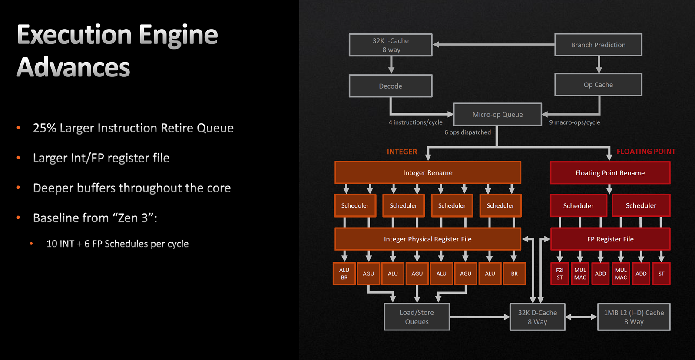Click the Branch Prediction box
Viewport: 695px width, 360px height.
(598, 45)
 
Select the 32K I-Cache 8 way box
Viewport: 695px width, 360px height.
(391, 45)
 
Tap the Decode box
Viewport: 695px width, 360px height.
(391, 86)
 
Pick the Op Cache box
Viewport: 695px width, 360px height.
(598, 85)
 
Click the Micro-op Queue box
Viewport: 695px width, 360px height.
(498, 114)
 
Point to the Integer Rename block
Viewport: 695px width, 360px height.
(428, 172)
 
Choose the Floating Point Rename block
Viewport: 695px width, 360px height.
(610, 173)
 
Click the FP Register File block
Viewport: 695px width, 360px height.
(610, 239)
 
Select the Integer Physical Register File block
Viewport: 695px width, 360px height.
(428, 239)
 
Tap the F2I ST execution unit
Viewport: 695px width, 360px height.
(560, 274)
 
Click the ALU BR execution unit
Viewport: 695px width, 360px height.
(344, 274)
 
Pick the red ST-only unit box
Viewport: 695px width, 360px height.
(662, 274)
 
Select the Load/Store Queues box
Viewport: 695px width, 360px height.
(417, 317)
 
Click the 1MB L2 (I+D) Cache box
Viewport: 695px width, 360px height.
(634, 317)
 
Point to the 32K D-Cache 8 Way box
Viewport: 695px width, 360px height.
(537, 317)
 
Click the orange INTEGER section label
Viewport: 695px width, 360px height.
(402, 152)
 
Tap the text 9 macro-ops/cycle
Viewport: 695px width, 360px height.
(575, 122)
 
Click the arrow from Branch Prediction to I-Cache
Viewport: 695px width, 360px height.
(493, 45)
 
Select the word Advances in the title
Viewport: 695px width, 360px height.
(73, 67)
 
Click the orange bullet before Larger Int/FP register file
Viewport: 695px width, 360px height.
(18, 158)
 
